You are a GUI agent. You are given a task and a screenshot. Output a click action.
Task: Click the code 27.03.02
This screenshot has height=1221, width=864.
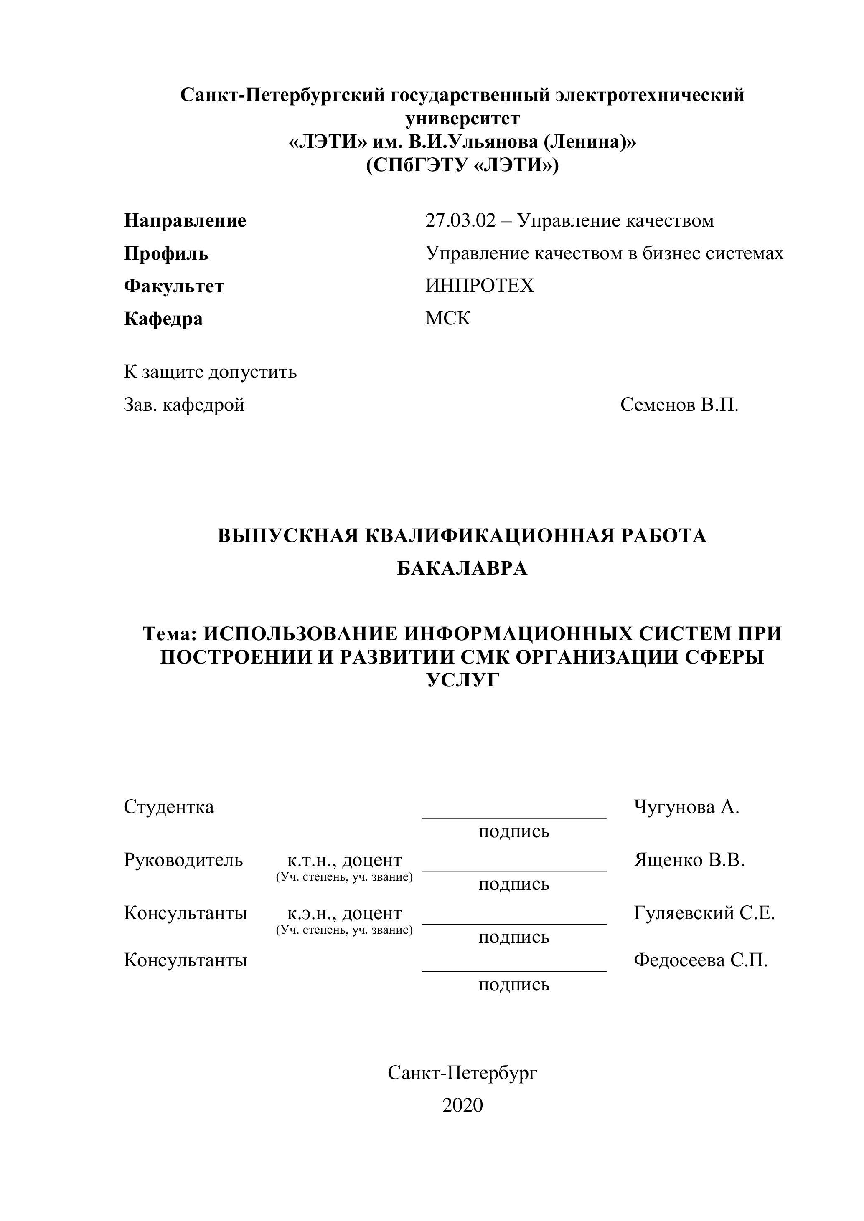(x=460, y=221)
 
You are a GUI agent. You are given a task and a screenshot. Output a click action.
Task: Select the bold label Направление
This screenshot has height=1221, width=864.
(x=185, y=221)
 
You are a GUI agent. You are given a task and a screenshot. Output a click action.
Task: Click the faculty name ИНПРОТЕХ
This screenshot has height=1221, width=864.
(x=479, y=286)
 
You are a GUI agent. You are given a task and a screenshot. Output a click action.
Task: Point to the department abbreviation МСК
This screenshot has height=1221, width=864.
(x=448, y=319)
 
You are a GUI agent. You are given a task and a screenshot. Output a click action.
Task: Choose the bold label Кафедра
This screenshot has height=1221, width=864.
(x=163, y=319)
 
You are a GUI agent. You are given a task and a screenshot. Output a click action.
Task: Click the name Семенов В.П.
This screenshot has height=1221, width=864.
(x=679, y=405)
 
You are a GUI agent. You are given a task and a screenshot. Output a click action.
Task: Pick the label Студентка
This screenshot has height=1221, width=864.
(x=169, y=807)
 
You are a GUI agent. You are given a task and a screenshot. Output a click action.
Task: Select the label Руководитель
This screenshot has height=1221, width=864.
(x=183, y=860)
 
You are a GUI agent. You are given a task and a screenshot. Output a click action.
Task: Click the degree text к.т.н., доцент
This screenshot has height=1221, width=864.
(x=344, y=860)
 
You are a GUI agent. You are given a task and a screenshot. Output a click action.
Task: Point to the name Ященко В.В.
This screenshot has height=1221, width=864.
(x=689, y=860)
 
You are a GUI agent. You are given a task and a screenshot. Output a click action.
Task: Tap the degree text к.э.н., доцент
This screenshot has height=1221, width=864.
(x=344, y=913)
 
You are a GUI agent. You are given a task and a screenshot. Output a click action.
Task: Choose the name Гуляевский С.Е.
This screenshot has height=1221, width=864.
(x=704, y=913)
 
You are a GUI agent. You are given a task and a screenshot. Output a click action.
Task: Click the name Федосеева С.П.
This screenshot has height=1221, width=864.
(x=701, y=960)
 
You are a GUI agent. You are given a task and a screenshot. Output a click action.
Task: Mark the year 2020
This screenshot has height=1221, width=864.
(x=462, y=1105)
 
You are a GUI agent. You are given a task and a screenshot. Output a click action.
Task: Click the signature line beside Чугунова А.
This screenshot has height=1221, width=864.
(x=514, y=817)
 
